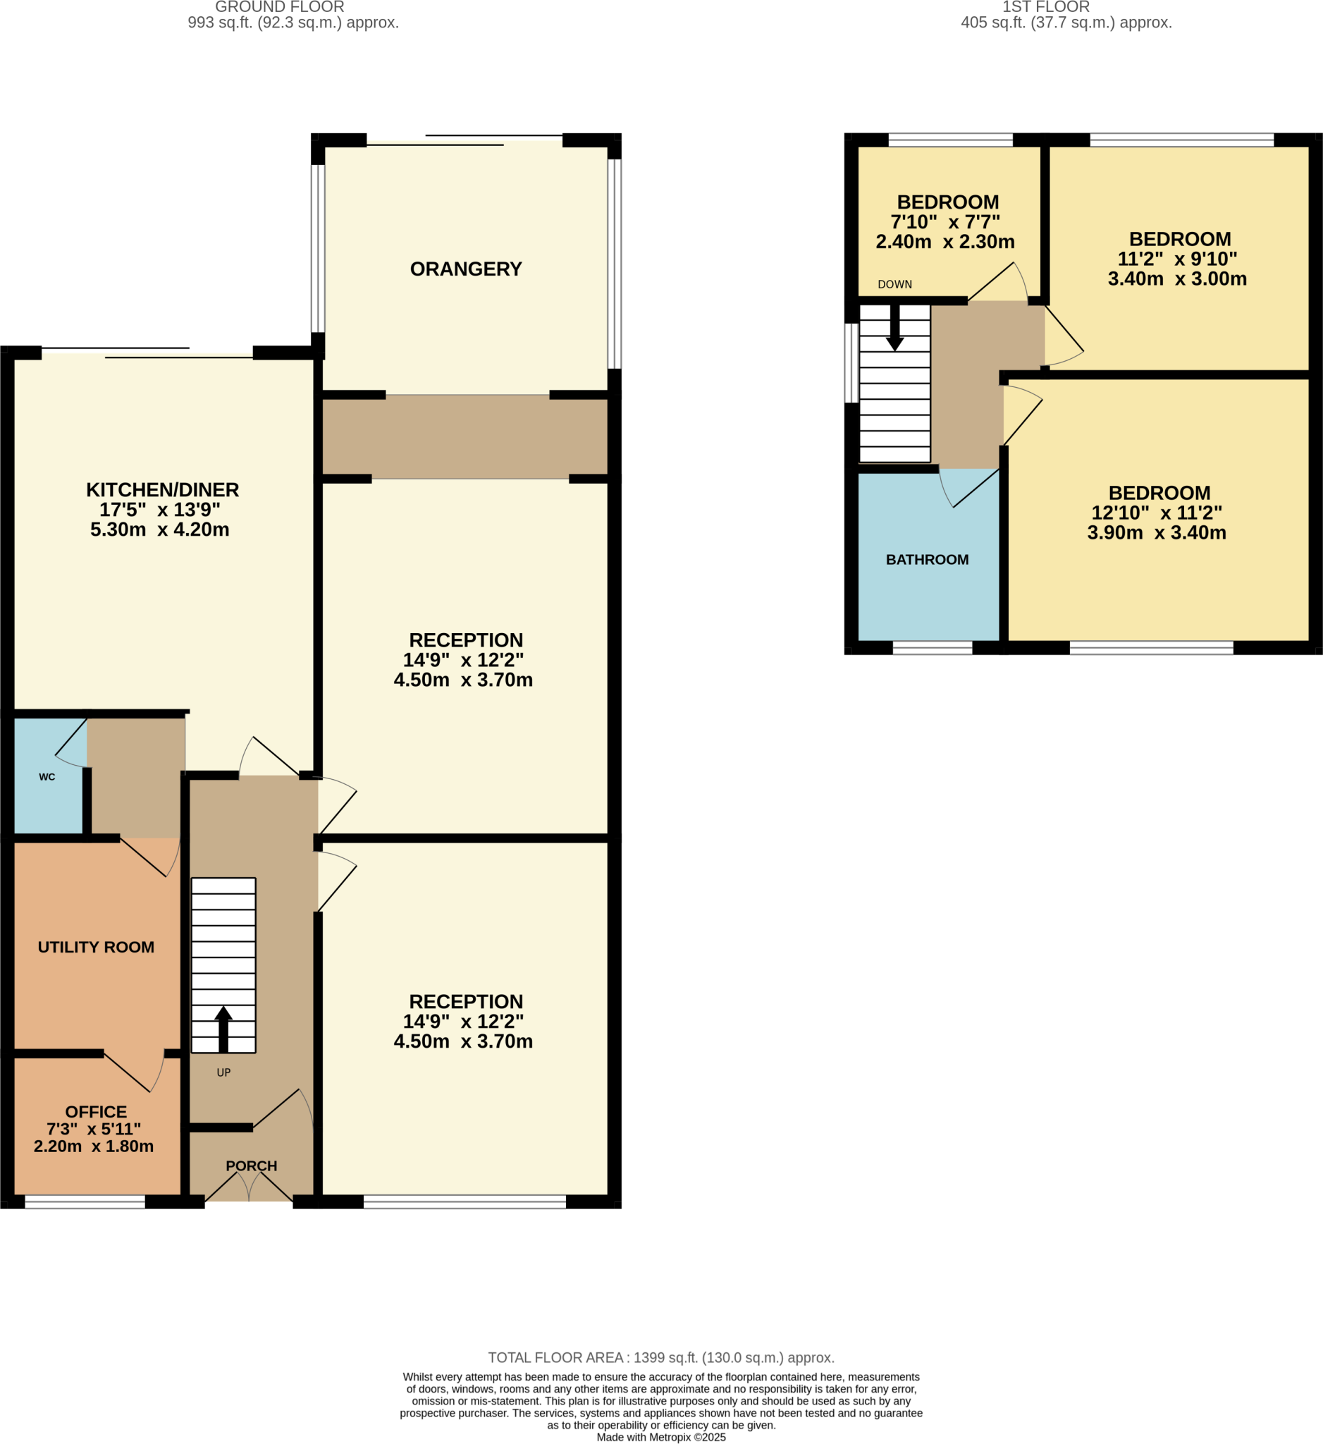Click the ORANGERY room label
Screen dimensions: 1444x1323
coord(465,269)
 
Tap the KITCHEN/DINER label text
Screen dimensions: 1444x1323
coord(163,490)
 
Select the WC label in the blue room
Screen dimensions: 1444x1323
coord(47,777)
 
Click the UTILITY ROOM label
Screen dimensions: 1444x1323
coord(96,947)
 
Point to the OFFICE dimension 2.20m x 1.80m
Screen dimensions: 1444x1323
coord(94,1146)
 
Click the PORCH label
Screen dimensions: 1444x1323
coord(252,1166)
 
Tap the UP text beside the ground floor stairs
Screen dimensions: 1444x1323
coord(223,1073)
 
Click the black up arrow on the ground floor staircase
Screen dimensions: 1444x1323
coord(223,1029)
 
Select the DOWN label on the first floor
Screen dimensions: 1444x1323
coord(895,284)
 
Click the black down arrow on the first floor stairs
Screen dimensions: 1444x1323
coord(895,329)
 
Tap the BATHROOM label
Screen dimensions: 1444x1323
coord(927,560)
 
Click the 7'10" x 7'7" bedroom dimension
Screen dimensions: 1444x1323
coord(945,222)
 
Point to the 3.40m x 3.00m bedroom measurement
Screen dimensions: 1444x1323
coord(1177,279)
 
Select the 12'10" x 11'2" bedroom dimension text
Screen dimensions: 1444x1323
coord(1156,513)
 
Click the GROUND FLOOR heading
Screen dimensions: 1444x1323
coord(279,7)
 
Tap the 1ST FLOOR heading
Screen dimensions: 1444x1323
coord(1046,7)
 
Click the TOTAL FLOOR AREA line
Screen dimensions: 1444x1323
coord(660,1358)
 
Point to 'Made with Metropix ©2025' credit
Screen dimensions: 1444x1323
coord(660,1437)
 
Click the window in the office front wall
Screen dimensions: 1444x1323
coord(85,1203)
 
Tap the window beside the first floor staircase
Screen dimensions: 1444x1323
coord(851,363)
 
